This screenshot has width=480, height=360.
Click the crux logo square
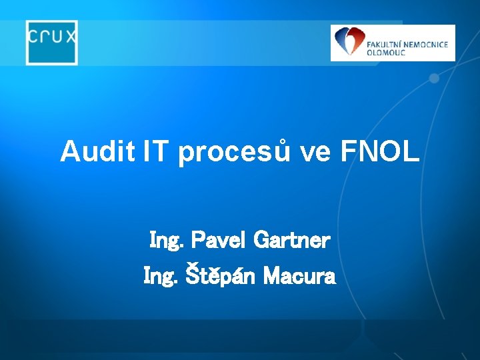(x=52, y=43)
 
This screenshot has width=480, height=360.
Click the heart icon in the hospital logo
(x=349, y=41)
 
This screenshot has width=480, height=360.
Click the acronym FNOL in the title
(x=380, y=152)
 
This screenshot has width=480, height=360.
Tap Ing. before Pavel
(x=167, y=241)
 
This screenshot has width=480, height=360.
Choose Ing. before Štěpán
(x=160, y=276)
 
